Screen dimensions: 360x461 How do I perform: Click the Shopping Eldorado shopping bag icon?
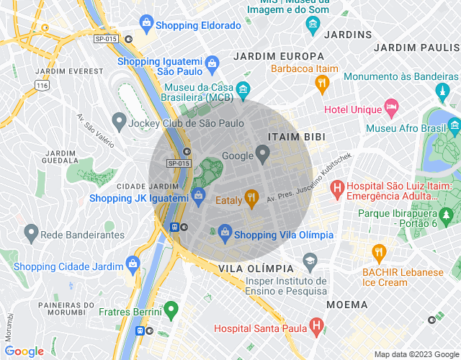coord(147,25)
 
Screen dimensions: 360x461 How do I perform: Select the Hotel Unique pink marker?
coord(391,109)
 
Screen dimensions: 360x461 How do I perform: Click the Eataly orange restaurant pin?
coord(251,197)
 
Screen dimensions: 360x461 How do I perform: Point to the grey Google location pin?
coord(263,153)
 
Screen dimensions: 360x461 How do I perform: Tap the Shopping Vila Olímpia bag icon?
coord(225,233)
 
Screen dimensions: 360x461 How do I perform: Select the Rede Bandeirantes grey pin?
coord(30,233)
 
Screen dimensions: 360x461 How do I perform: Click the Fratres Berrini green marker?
coord(171,311)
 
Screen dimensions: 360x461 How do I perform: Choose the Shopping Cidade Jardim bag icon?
coord(133,264)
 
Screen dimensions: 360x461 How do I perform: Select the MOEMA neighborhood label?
coord(347,305)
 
